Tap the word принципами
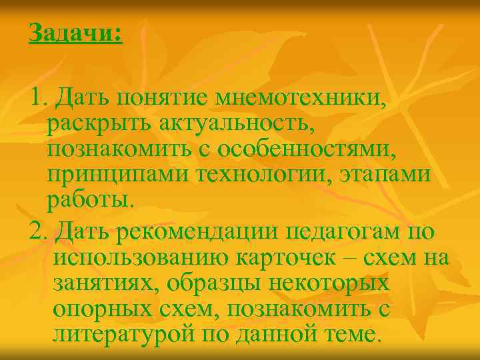117,175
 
